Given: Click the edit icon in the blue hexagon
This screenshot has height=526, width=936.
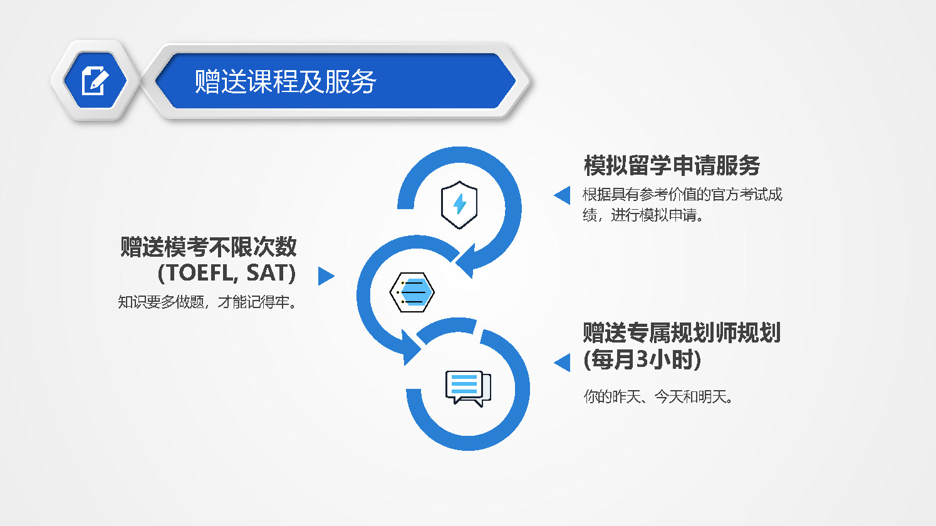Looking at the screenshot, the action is point(95,80).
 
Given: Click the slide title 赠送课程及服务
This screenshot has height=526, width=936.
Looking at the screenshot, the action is point(286,81).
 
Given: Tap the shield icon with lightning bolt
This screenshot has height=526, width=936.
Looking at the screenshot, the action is point(459,205).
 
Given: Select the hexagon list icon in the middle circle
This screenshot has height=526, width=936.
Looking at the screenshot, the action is point(412,292).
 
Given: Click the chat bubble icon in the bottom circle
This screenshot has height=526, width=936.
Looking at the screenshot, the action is point(468,388).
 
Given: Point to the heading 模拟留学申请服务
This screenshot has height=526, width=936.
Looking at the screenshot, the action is point(672,165).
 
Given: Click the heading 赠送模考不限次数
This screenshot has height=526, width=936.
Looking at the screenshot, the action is point(209,247).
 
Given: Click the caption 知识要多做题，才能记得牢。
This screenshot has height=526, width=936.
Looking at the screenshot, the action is point(207,302).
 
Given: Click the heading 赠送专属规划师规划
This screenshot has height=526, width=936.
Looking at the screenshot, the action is point(682,333).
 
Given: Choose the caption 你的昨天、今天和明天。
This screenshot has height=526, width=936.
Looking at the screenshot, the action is point(658,396).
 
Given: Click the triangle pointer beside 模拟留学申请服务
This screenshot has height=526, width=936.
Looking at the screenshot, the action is point(564,195).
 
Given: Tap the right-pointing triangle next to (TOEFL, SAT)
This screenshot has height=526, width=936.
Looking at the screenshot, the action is point(325,276).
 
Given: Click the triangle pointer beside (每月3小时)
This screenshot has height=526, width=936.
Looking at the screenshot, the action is point(564,362).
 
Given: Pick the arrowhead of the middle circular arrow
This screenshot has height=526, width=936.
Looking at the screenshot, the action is point(410,348).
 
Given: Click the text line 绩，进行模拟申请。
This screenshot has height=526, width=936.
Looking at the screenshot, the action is point(643,215).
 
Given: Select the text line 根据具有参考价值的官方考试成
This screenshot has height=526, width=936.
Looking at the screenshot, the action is point(682,194).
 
